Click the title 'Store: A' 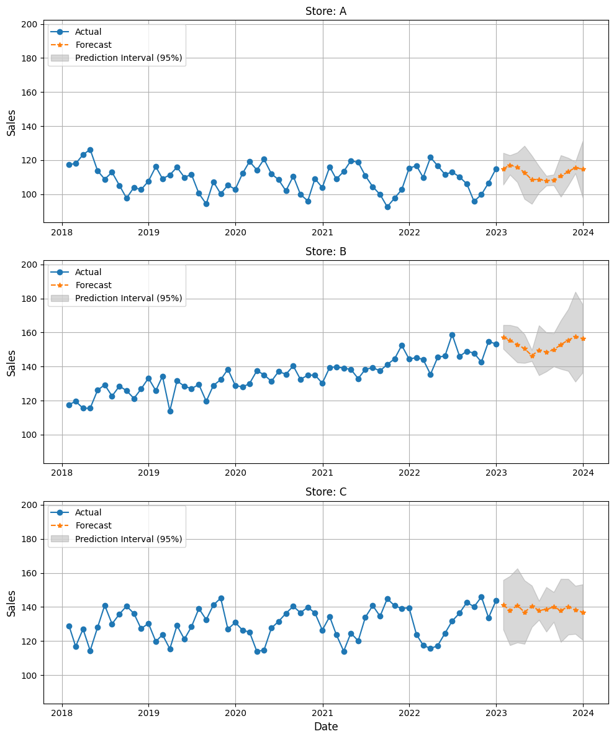click(325, 11)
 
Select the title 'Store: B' click(325, 252)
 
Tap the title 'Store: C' click(325, 492)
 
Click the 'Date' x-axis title click(325, 727)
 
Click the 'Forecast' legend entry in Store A click(93, 45)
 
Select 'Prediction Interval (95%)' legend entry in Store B click(129, 298)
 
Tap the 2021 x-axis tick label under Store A click(322, 232)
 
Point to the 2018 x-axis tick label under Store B click(61, 473)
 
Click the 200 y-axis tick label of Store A click(30, 24)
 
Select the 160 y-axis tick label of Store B click(30, 333)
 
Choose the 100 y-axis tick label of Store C click(30, 675)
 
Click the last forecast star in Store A click(583, 169)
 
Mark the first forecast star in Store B click(503, 337)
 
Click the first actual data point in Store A click(69, 165)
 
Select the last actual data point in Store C click(496, 601)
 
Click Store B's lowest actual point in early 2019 click(170, 411)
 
